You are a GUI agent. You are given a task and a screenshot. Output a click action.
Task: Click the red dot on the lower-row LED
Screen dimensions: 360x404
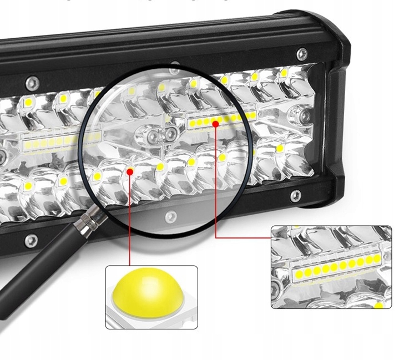(x=130, y=171)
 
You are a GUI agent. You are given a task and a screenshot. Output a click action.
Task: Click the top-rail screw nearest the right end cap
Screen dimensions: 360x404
(x=302, y=53)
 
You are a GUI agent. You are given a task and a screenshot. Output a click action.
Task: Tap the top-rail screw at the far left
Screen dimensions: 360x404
(x=33, y=82)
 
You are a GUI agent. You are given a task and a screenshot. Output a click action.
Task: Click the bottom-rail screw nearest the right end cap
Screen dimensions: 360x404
(x=296, y=195)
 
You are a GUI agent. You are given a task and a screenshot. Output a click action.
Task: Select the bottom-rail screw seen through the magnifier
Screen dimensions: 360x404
(x=168, y=214)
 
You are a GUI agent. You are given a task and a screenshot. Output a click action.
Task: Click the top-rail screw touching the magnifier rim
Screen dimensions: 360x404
(x=175, y=65)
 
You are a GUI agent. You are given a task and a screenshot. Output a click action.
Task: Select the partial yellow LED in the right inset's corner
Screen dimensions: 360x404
(x=380, y=305)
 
